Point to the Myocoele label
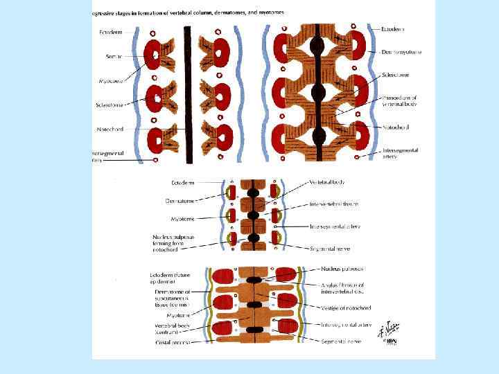coord(111,81)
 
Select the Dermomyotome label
coord(401,52)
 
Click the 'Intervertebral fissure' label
coord(333,204)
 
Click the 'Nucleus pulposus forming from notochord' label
coord(174,242)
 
